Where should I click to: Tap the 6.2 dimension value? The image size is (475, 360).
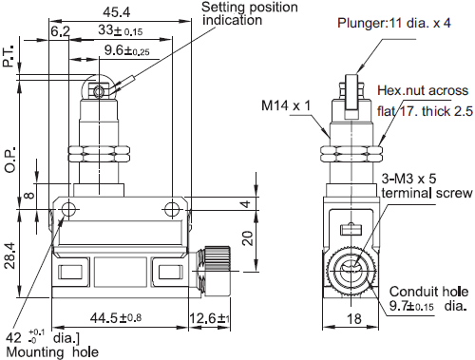pyautogui.click(x=60, y=31)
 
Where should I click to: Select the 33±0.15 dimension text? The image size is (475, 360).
pyautogui.click(x=120, y=30)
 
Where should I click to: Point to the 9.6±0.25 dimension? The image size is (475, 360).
pyautogui.click(x=126, y=50)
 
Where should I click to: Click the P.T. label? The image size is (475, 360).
pyautogui.click(x=9, y=56)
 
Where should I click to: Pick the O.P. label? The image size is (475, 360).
pyautogui.click(x=10, y=160)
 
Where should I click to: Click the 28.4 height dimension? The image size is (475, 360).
pyautogui.click(x=9, y=256)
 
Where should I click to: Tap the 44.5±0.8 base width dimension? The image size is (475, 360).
pyautogui.click(x=116, y=317)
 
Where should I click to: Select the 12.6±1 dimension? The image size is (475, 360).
pyautogui.click(x=209, y=318)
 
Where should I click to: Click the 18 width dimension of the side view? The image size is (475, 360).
pyautogui.click(x=353, y=319)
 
